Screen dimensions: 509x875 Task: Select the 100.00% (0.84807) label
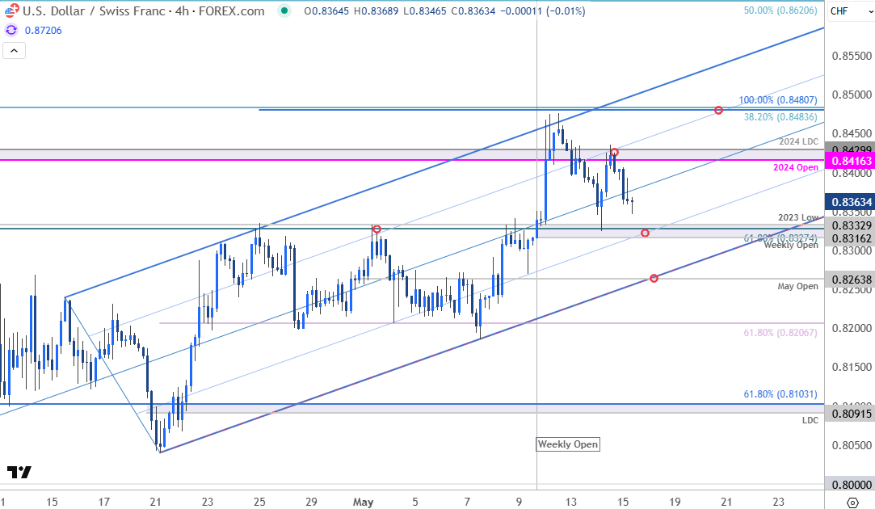pos(778,101)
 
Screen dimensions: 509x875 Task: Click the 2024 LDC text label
pos(799,142)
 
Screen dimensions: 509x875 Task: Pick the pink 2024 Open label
pos(796,167)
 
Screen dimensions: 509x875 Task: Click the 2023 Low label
pos(798,217)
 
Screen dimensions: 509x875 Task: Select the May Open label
pos(797,286)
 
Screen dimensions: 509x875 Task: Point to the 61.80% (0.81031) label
pos(780,394)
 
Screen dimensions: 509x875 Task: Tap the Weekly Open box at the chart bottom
pos(568,444)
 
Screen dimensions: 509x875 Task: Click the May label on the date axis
pos(363,502)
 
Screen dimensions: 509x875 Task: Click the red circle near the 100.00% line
pos(718,110)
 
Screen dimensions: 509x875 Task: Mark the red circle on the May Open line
pos(654,279)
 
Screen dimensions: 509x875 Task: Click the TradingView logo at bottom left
pos(19,473)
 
